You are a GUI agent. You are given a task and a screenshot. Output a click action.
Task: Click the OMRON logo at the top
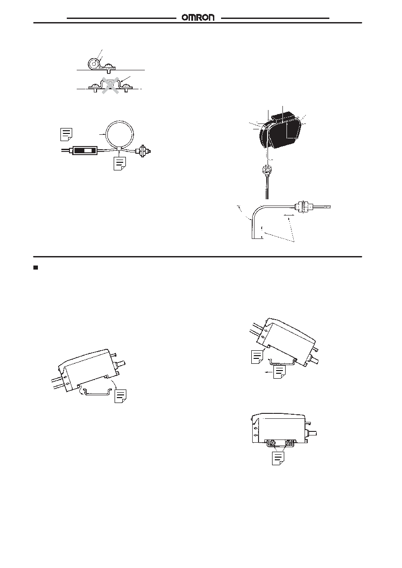[198, 18]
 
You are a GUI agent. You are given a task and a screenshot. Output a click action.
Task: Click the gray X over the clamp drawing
[111, 85]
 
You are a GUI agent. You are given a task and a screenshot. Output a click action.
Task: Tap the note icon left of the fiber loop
[66, 134]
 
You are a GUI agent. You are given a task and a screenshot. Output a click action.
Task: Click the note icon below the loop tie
[120, 163]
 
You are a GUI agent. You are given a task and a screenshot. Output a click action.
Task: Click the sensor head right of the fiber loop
[143, 151]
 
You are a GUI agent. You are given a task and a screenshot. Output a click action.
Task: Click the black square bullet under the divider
[36, 267]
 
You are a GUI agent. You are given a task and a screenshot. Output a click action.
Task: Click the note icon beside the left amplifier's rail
[120, 396]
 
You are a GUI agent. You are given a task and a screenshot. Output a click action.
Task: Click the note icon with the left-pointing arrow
[279, 372]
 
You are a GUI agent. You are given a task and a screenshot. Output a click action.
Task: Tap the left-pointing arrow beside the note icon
[268, 372]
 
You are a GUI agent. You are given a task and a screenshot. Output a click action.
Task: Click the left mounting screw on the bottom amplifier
[273, 443]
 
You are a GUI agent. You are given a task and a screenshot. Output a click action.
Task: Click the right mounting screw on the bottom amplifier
[287, 443]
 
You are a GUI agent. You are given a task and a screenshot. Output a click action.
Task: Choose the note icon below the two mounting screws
[278, 458]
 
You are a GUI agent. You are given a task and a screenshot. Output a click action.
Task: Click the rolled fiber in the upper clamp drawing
[94, 64]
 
